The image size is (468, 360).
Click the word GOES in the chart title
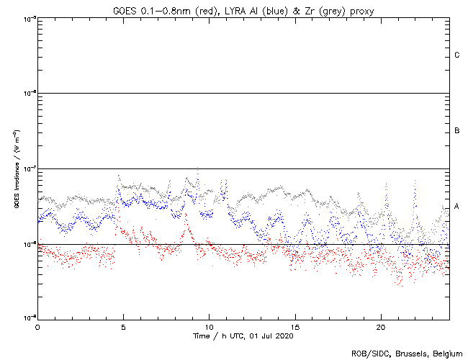coord(125,9)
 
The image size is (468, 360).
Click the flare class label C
coord(457,55)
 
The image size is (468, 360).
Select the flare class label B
coord(457,131)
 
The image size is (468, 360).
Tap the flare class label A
coord(457,207)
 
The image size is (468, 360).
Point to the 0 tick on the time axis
coord(37,327)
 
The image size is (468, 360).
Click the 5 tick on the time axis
coord(123,327)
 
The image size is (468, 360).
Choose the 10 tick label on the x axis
coord(209,327)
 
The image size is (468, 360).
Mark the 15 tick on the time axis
coord(295,327)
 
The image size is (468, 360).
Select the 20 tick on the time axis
coord(381,327)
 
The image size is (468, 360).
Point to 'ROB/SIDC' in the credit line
coord(369,353)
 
